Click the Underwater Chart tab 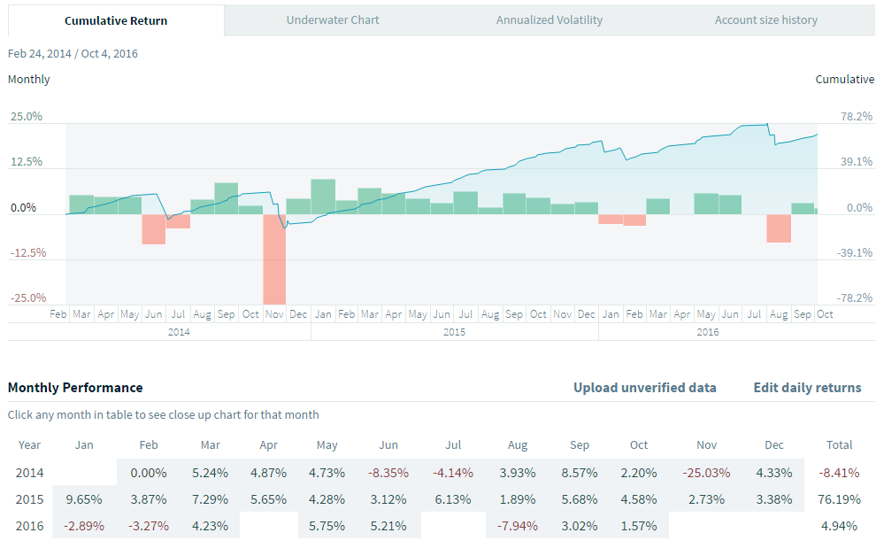pos(333,19)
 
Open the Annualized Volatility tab pos(549,19)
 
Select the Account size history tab pos(765,19)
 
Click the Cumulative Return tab pos(116,20)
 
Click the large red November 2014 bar pos(274,259)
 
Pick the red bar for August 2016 pos(779,228)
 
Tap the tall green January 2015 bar pos(323,197)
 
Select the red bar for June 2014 pos(154,229)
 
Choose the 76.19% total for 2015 pos(839,499)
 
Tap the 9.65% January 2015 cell pos(84,499)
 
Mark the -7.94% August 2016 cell pos(518,526)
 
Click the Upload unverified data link pos(644,388)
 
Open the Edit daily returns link pos(807,388)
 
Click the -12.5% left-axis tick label pos(26,253)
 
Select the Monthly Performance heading pos(75,388)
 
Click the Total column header pos(839,445)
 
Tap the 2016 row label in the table pos(29,526)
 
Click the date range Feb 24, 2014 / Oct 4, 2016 pos(73,53)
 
